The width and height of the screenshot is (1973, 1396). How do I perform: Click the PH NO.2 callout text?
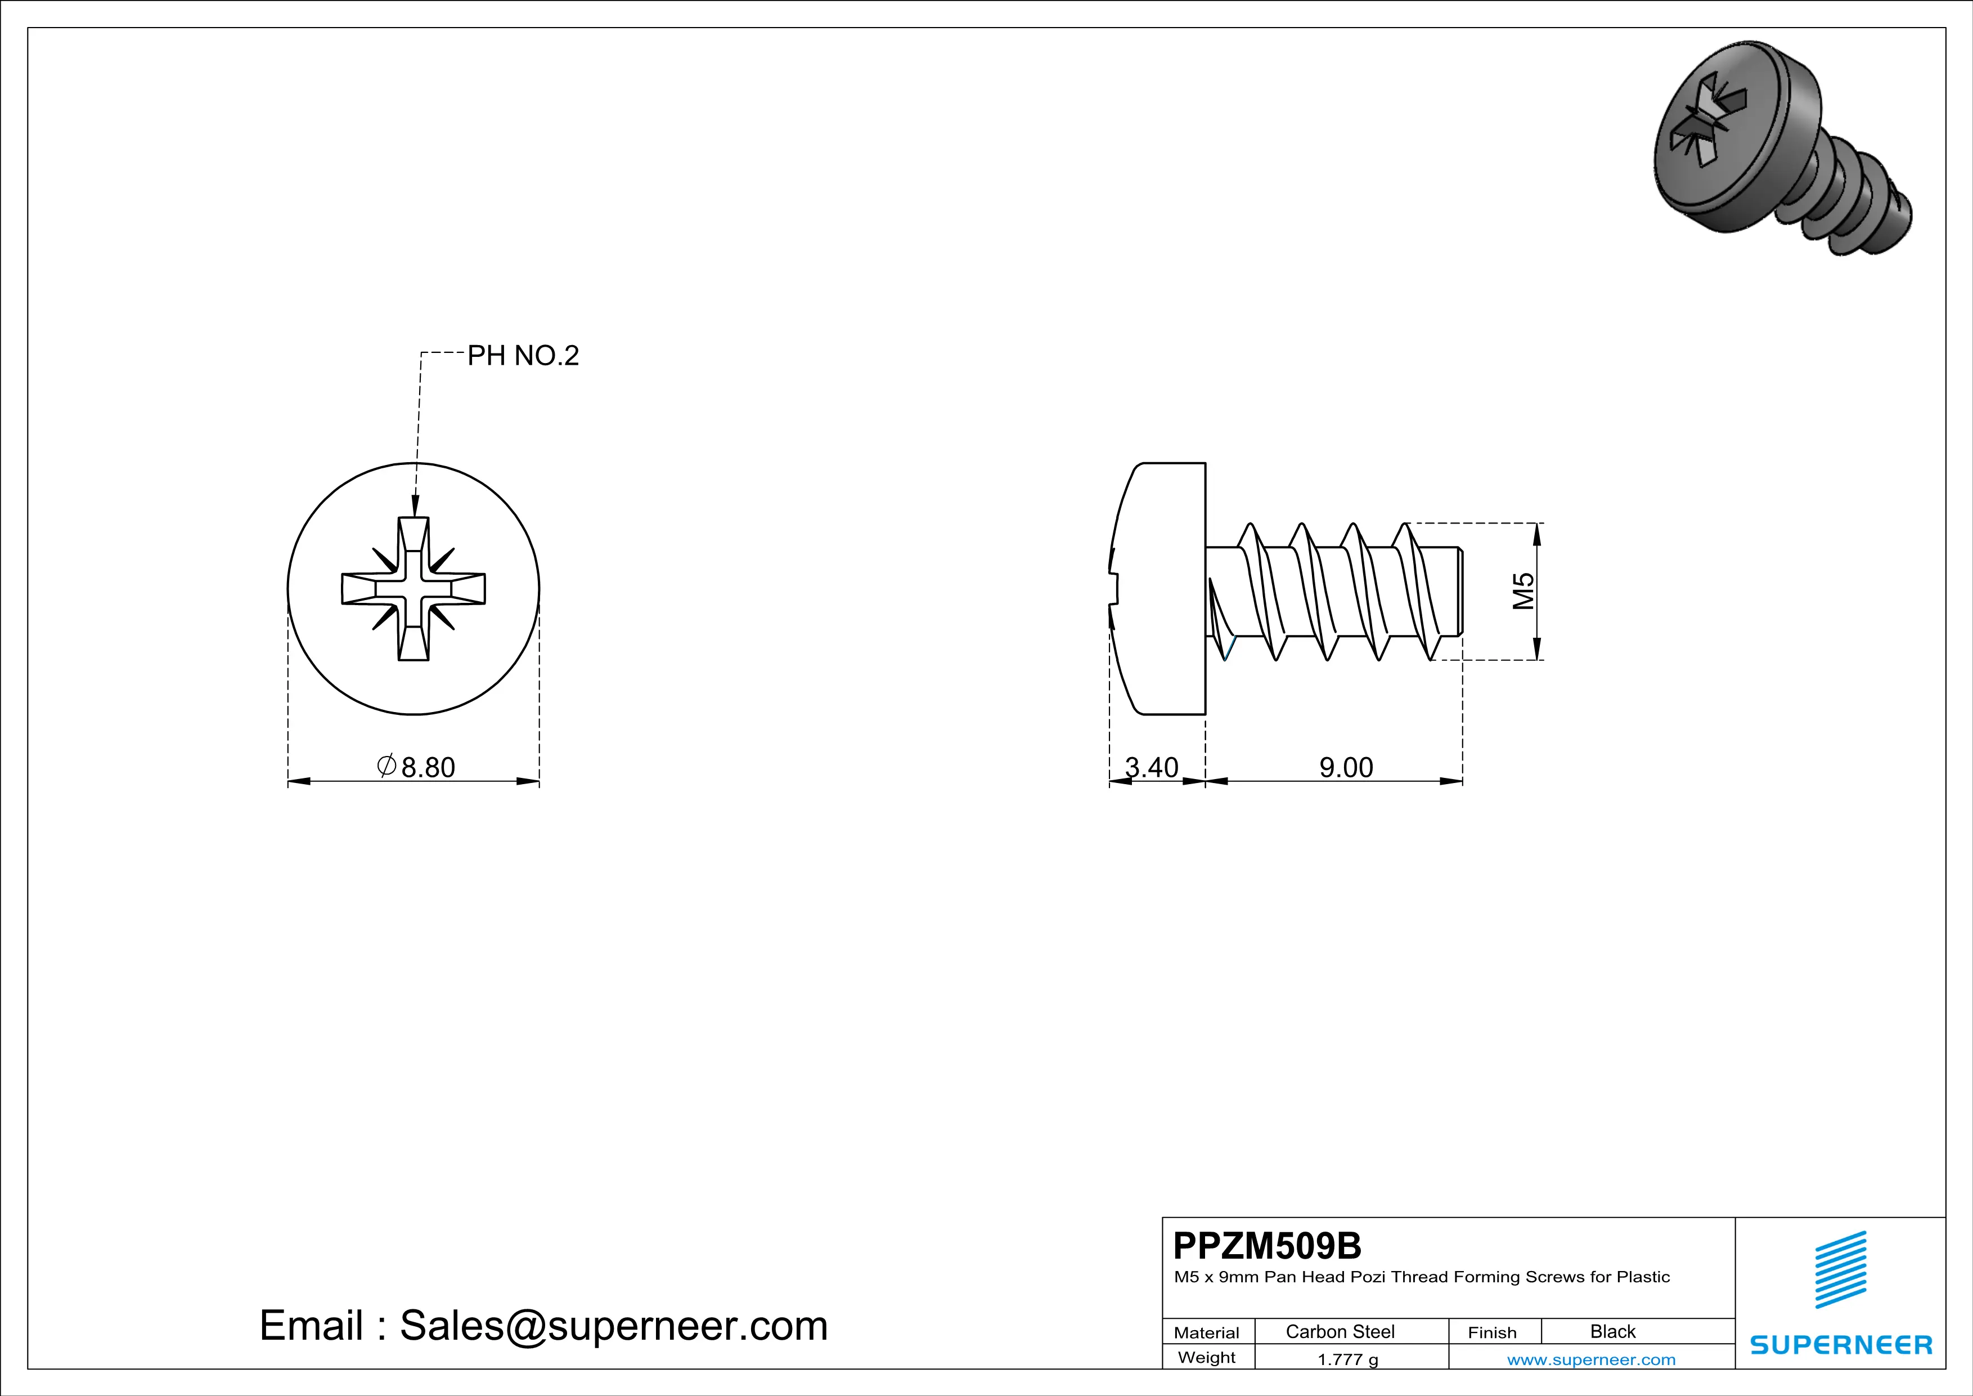pyautogui.click(x=523, y=355)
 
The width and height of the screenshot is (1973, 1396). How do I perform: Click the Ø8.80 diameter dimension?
pyautogui.click(x=417, y=767)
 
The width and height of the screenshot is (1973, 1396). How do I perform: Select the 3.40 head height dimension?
pyautogui.click(x=1152, y=767)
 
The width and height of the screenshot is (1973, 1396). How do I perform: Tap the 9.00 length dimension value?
pyautogui.click(x=1346, y=767)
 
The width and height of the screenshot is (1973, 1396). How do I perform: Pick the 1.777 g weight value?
pyautogui.click(x=1347, y=1359)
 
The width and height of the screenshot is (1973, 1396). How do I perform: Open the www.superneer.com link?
pyautogui.click(x=1590, y=1359)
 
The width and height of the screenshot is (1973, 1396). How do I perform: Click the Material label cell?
pyautogui.click(x=1207, y=1332)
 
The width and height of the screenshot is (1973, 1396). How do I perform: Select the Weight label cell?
pyautogui.click(x=1207, y=1357)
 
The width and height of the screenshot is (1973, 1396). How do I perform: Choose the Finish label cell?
pyautogui.click(x=1492, y=1332)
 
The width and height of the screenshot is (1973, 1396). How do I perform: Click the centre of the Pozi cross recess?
pyautogui.click(x=414, y=589)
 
